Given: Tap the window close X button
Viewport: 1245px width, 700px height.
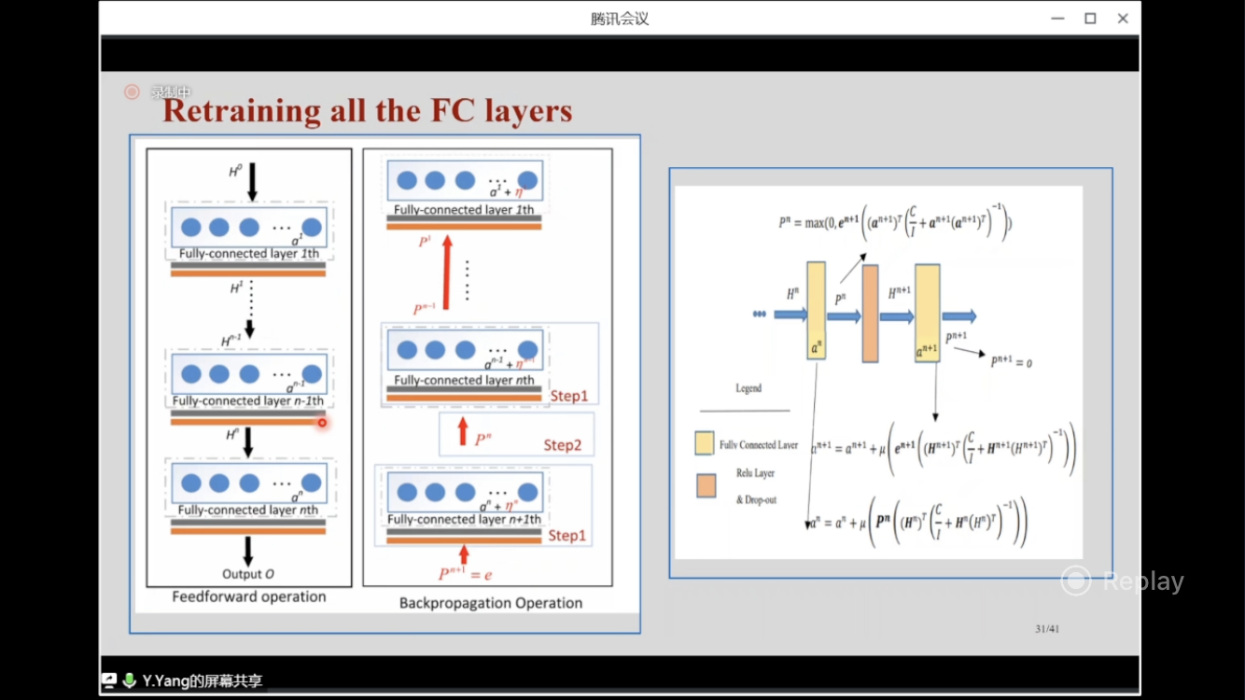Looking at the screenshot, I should [x=1123, y=19].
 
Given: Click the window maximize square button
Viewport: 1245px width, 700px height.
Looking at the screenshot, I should [x=1090, y=19].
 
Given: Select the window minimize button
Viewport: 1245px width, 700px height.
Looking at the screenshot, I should [x=1057, y=19].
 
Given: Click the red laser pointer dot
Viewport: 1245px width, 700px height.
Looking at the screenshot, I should [x=322, y=423].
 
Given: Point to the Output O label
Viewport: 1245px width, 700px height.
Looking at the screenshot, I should [x=248, y=574].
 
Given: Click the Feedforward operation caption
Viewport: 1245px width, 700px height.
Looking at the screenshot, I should [x=249, y=596].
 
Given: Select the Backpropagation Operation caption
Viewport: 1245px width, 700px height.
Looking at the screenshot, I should [x=490, y=603].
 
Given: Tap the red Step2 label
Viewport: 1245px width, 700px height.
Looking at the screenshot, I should [x=563, y=445].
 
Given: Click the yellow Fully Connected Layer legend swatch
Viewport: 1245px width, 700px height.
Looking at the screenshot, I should [x=705, y=442].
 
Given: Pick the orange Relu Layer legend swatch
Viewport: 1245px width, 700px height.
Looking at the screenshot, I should [x=706, y=485].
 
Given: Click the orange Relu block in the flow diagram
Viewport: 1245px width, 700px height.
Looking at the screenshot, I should [x=870, y=313].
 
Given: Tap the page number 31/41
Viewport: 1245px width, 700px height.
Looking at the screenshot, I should [x=1048, y=629].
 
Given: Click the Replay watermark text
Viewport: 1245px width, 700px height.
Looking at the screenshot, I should [x=1142, y=581].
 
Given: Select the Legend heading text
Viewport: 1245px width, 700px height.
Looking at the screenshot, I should [x=748, y=388].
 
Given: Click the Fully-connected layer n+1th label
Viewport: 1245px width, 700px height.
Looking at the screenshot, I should [x=464, y=520].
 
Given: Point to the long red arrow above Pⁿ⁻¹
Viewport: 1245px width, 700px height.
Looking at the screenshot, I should [x=446, y=272].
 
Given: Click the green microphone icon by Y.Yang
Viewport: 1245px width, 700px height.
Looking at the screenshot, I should [x=130, y=680].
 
